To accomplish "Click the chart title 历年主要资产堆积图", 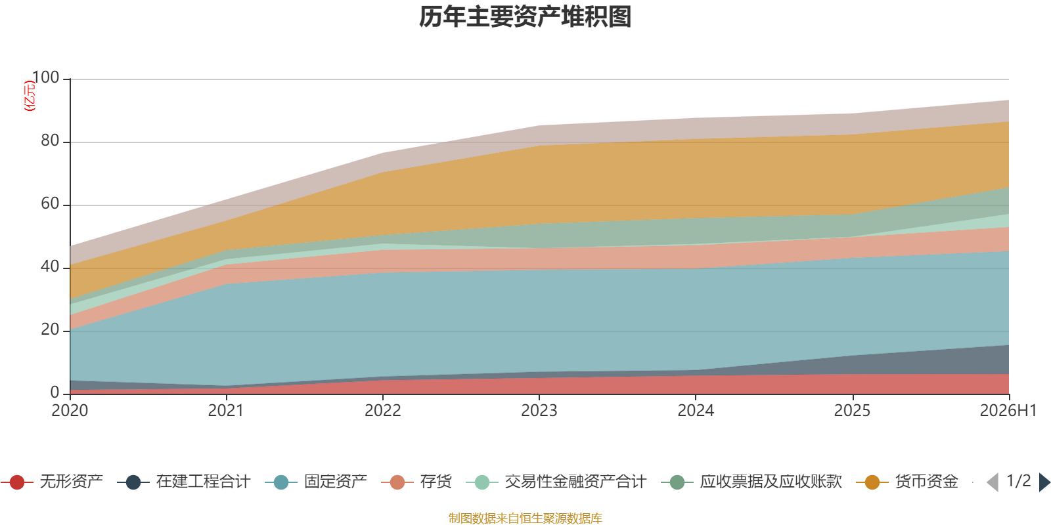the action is [525, 17].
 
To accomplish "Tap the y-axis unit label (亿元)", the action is [30, 96].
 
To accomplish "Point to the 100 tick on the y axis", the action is [45, 77].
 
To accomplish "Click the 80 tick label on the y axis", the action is [50, 140].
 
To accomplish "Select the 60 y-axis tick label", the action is [50, 203].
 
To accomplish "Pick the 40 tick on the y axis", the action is [50, 266].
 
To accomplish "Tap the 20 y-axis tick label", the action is [50, 329].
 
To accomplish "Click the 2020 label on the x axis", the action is [70, 411].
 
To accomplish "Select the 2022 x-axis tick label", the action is [383, 411].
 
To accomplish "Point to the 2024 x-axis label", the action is [696, 411].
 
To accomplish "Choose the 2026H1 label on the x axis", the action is [1008, 411].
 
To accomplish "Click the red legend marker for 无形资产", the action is [17, 482].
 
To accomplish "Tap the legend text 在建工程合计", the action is [204, 482].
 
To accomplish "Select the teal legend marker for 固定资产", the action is [281, 482].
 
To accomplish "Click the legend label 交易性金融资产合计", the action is [575, 482].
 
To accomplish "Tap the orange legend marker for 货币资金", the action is [872, 482].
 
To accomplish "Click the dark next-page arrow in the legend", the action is [1044, 482].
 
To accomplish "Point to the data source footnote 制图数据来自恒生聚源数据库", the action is [525, 518].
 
